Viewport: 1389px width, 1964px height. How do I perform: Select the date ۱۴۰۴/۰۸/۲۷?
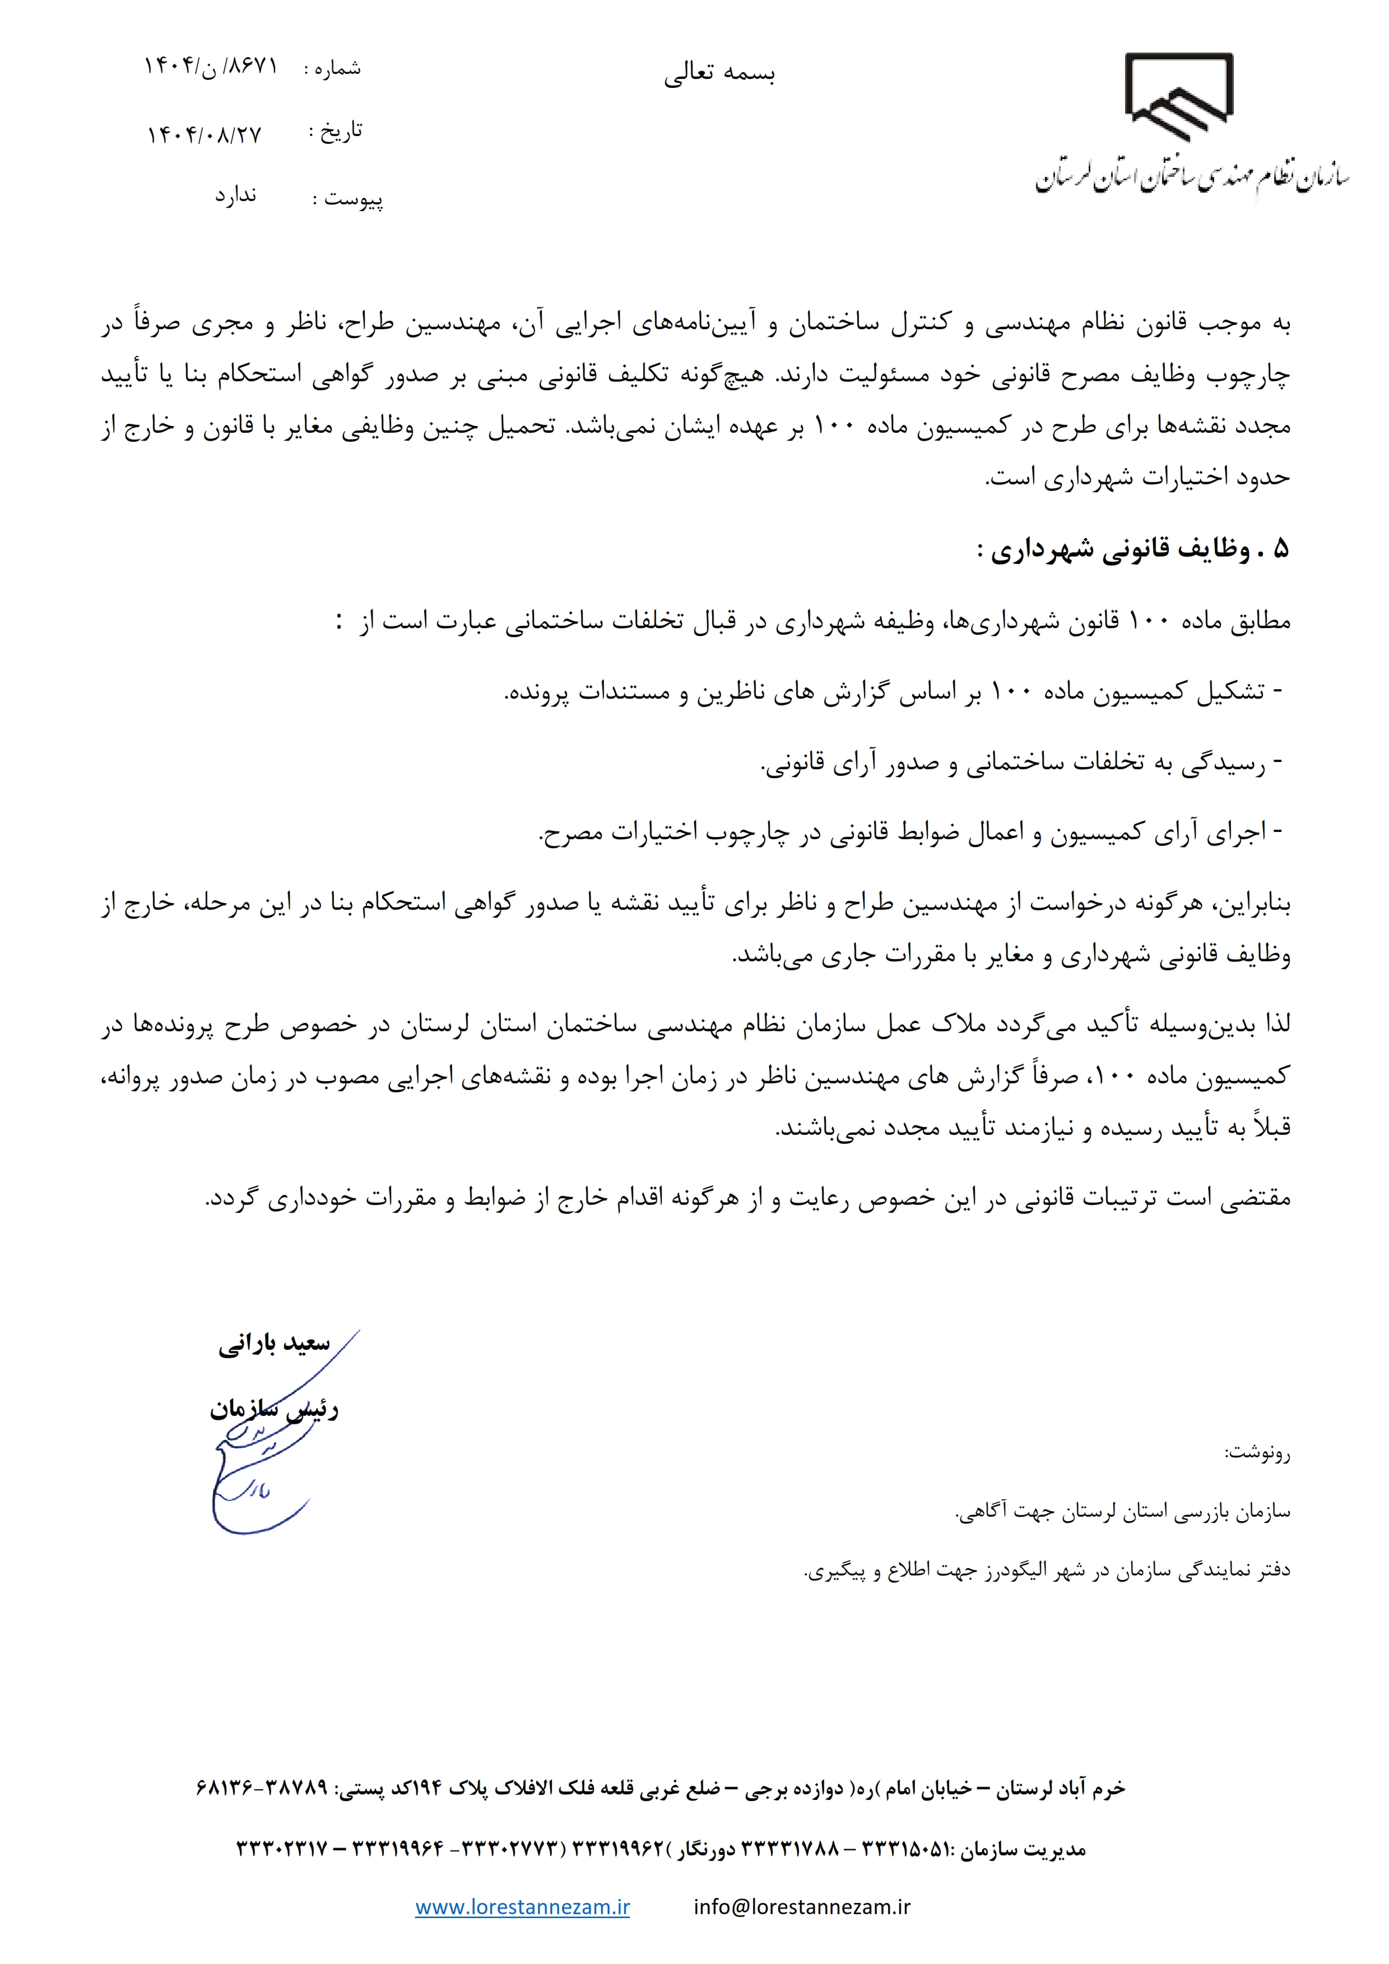[x=204, y=134]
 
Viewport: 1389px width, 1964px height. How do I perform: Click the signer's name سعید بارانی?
[x=274, y=1344]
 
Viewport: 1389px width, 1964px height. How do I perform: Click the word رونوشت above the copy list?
[x=1256, y=1452]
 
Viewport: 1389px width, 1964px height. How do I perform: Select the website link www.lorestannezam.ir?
[x=522, y=1907]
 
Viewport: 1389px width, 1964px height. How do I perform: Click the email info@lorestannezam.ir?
[x=802, y=1907]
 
